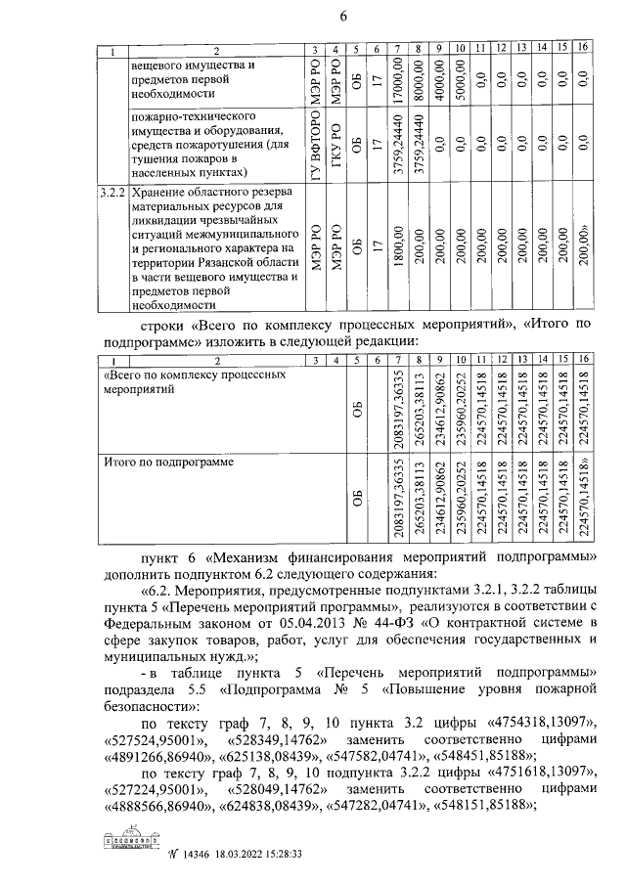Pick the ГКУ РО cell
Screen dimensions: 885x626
(x=336, y=149)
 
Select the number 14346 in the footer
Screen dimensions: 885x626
(x=184, y=853)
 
